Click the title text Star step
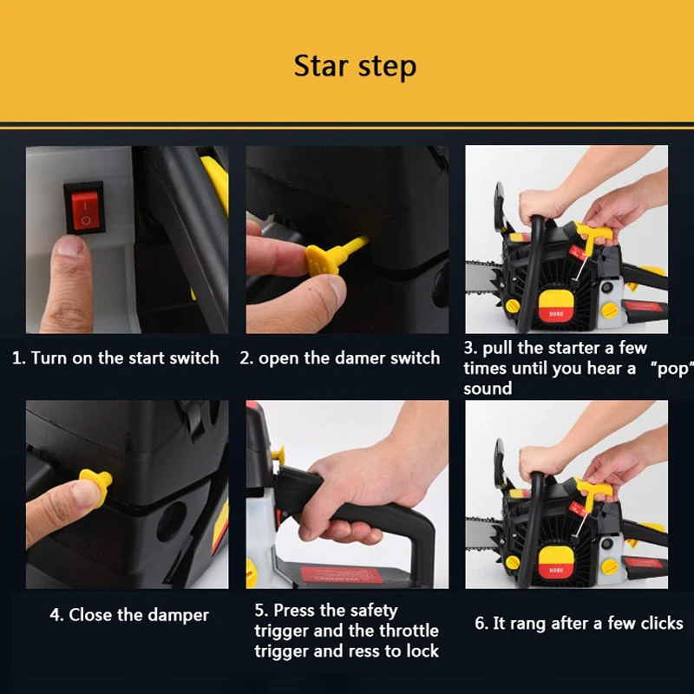pyautogui.click(x=355, y=67)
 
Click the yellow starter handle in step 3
pyautogui.click(x=593, y=234)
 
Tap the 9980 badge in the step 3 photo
pyautogui.click(x=556, y=313)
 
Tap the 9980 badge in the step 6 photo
pyautogui.click(x=556, y=570)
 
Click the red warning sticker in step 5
pyautogui.click(x=342, y=575)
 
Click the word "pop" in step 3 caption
pyautogui.click(x=671, y=369)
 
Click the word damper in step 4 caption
pyautogui.click(x=178, y=616)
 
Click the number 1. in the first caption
pyautogui.click(x=19, y=358)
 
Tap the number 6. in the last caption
pyautogui.click(x=481, y=623)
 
